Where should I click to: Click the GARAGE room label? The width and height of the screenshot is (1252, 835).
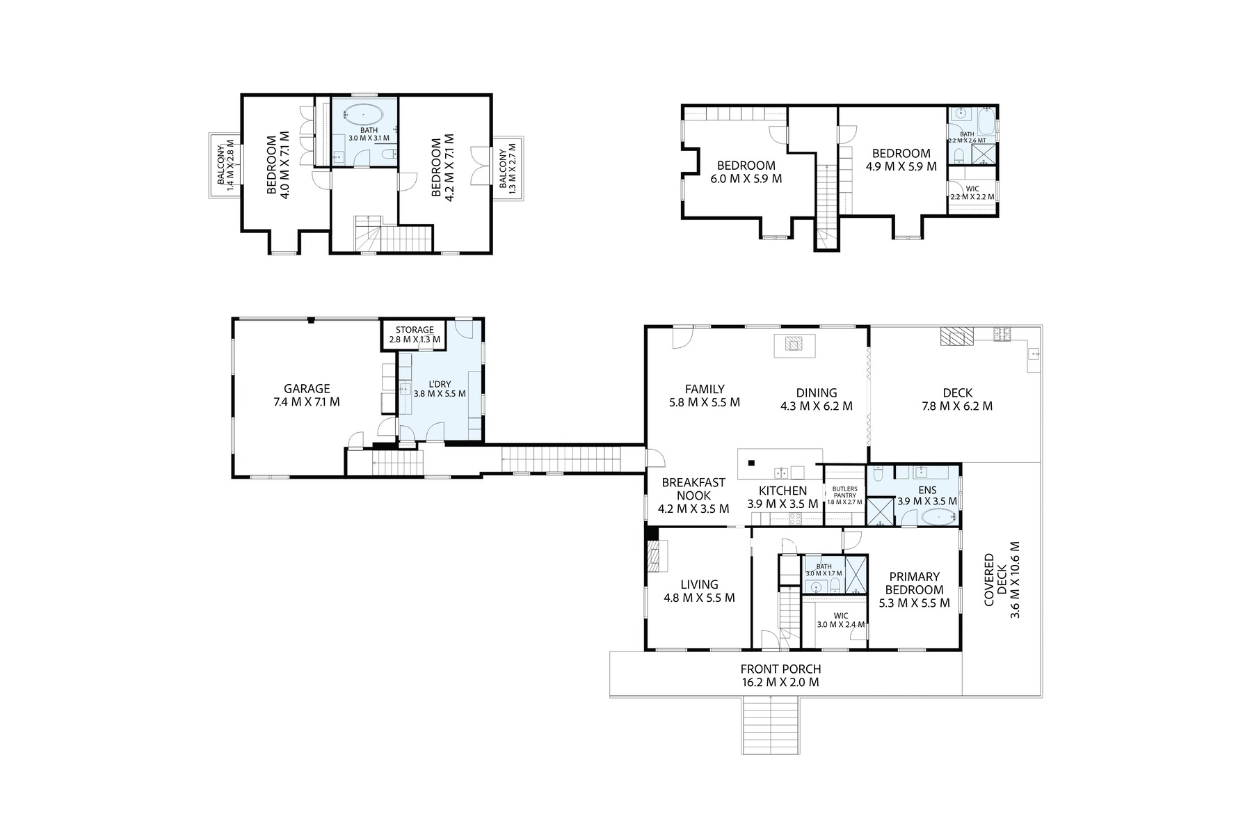307,395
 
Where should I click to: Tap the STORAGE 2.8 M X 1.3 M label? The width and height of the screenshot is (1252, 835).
415,335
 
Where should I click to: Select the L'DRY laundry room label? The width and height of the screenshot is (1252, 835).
440,388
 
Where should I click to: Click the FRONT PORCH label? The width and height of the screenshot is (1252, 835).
780,676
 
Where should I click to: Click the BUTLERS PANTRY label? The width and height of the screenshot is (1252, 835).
844,495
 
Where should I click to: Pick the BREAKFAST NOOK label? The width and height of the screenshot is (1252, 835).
693,495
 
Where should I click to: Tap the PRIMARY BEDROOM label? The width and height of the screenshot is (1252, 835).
914,589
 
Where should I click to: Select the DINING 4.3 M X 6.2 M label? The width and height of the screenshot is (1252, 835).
817,399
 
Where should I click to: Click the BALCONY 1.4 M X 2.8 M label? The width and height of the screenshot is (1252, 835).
225,165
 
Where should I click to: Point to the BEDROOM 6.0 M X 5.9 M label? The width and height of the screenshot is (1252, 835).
746,172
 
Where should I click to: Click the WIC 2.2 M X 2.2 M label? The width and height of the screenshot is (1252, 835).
972,193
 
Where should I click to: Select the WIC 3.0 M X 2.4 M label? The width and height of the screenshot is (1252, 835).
840,620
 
